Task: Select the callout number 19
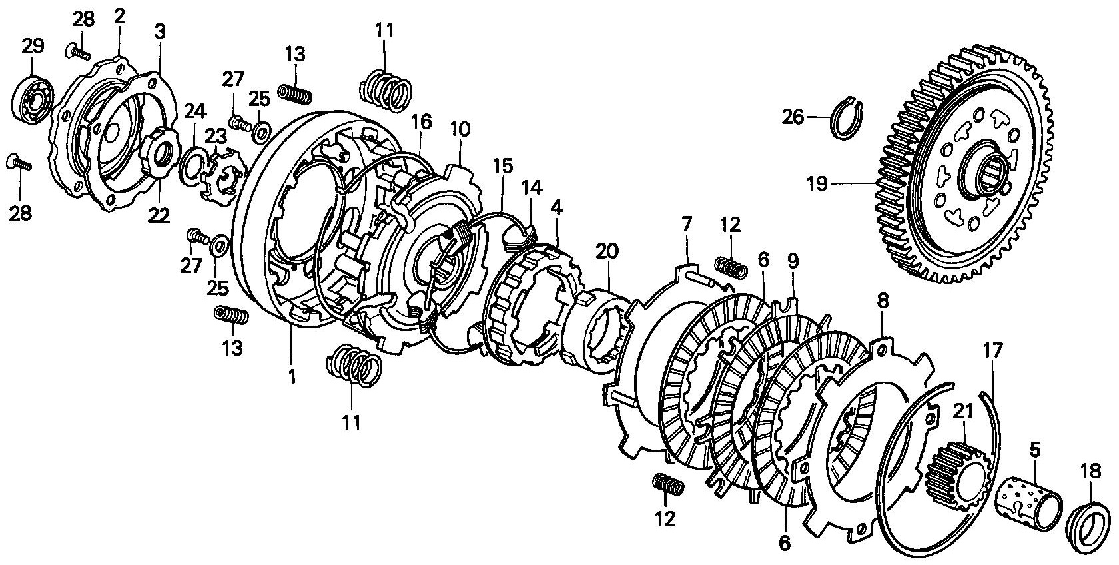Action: pyautogui.click(x=818, y=185)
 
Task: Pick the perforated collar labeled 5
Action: pyautogui.click(x=1029, y=502)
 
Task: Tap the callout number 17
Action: pyautogui.click(x=992, y=350)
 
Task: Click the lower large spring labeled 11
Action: pyautogui.click(x=354, y=366)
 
